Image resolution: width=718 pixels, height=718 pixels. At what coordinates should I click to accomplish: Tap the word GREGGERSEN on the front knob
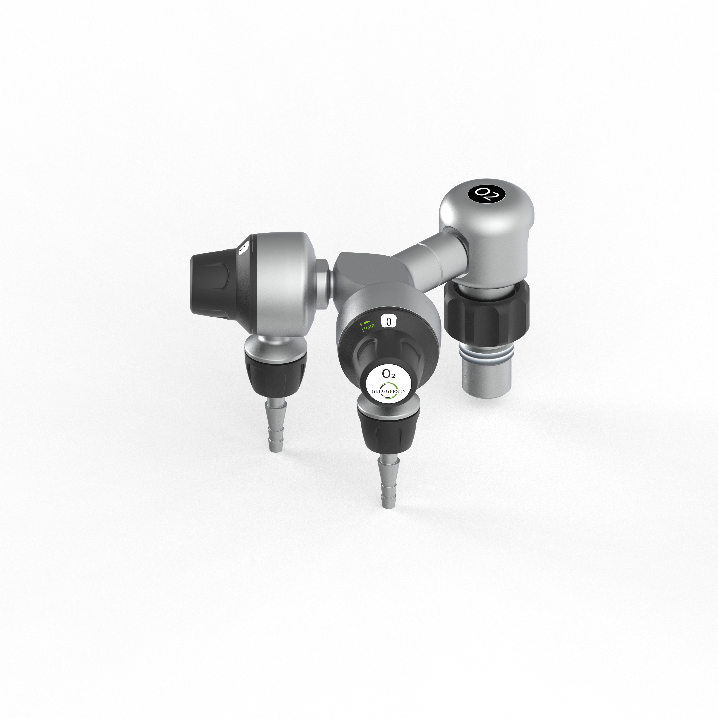(x=389, y=392)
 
